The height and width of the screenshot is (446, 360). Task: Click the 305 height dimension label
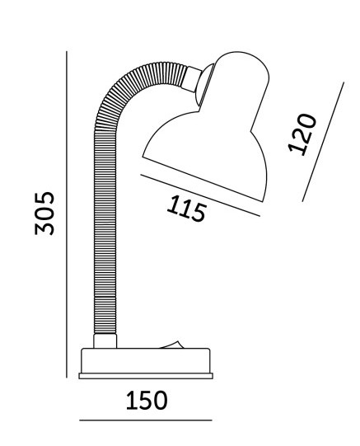tap(44, 214)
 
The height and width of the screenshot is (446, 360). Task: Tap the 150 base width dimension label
tap(147, 400)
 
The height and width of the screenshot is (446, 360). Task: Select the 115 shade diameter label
tap(186, 209)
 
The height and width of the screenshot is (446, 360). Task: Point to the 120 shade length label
tap(302, 134)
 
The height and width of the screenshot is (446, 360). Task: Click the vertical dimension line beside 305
tap(67, 214)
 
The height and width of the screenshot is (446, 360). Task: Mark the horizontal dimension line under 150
tap(146, 420)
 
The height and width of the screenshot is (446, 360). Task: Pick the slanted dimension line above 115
tap(200, 195)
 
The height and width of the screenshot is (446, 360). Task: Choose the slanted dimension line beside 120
tap(323, 142)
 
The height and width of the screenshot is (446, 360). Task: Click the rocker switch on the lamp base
tap(171, 345)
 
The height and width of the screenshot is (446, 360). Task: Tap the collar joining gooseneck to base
tap(105, 340)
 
